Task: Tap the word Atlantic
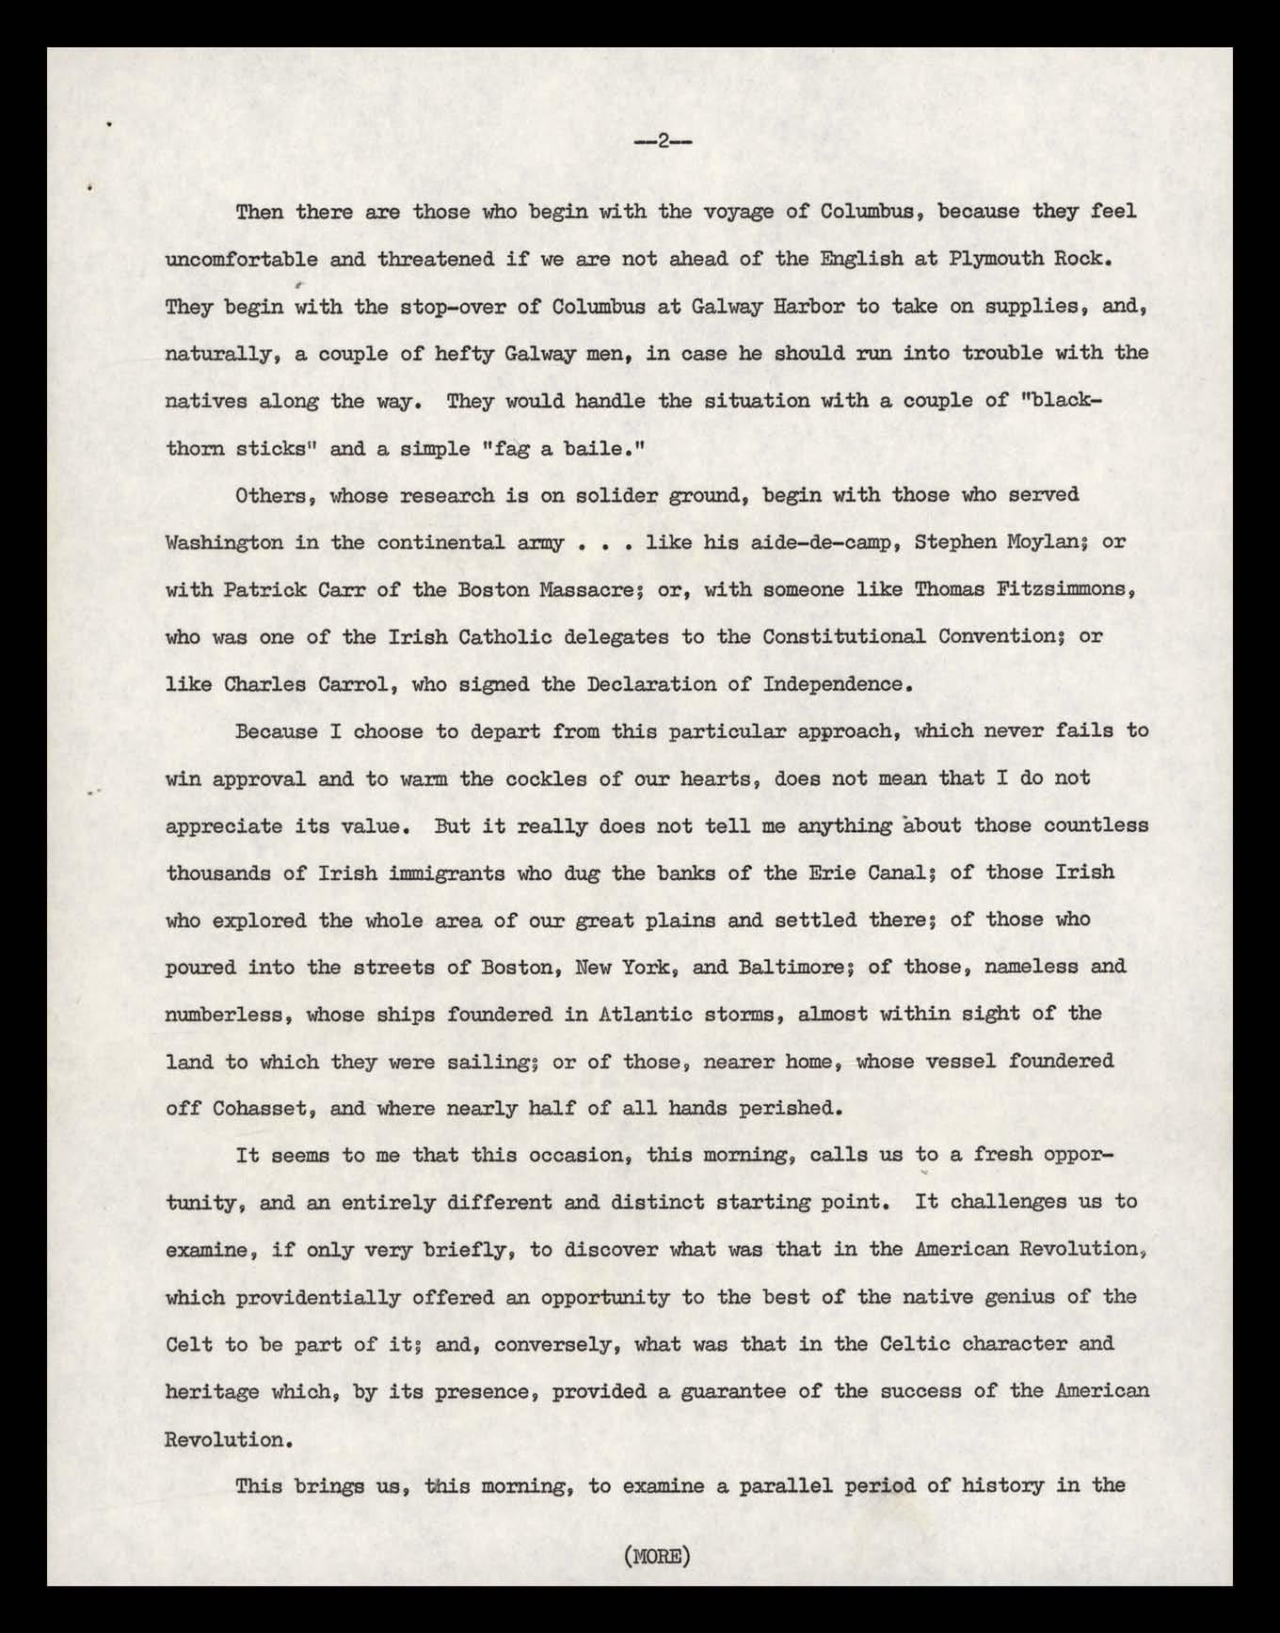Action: coord(645,1014)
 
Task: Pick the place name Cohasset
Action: coord(260,1108)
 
